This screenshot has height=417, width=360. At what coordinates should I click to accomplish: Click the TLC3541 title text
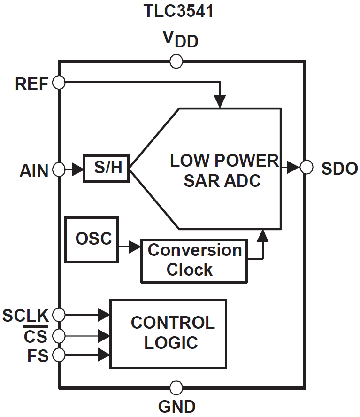click(178, 11)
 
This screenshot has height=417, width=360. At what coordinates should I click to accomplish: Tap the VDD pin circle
click(176, 61)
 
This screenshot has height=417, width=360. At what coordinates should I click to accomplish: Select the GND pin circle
click(176, 388)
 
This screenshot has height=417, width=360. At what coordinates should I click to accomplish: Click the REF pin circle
click(59, 83)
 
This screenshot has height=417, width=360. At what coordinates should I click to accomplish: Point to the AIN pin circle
click(59, 169)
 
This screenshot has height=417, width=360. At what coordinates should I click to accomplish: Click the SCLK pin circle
click(59, 314)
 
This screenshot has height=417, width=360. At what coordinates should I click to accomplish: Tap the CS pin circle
click(59, 335)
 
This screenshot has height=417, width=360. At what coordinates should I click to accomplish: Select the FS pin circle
click(59, 355)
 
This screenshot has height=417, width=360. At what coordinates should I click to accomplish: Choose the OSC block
click(91, 239)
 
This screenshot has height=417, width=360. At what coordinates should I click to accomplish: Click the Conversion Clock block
click(194, 261)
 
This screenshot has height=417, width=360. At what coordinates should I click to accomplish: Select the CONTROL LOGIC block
click(168, 333)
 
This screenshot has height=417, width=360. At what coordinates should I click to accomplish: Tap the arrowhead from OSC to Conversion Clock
click(135, 246)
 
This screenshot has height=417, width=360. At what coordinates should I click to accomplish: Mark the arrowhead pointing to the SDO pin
click(293, 167)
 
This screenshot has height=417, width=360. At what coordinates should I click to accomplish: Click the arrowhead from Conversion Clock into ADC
click(264, 236)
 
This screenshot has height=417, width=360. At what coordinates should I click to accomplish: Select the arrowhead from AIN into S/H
click(78, 169)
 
